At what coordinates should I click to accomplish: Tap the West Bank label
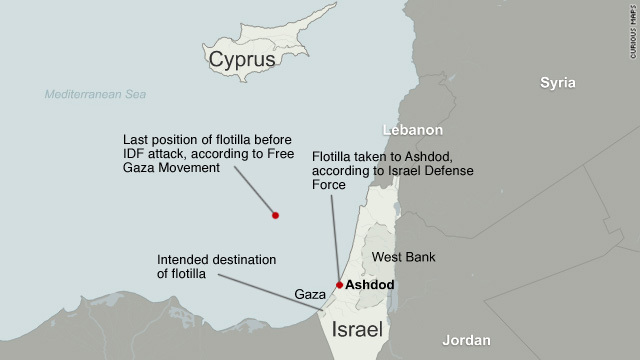tap(402, 257)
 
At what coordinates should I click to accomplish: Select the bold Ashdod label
tap(370, 285)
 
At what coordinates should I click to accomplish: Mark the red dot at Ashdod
tap(340, 285)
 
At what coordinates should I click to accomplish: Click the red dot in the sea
tap(276, 215)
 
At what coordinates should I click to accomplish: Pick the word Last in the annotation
tap(136, 139)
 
